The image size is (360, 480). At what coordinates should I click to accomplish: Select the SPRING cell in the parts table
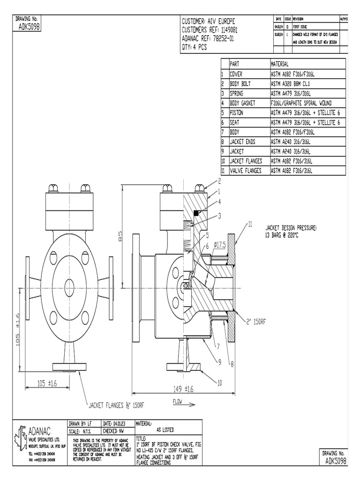(x=237, y=93)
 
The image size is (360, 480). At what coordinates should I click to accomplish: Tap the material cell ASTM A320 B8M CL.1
(x=291, y=83)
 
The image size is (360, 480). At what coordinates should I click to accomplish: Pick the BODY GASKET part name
(x=245, y=103)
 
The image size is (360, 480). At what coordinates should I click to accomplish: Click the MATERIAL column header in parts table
(x=280, y=64)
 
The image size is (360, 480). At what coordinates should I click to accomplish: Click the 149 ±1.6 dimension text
(x=183, y=389)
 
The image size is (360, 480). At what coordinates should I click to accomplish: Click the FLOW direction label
(x=177, y=402)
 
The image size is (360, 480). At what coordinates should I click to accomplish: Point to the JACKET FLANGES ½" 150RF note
(x=117, y=404)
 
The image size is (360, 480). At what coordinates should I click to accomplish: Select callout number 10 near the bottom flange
(x=218, y=383)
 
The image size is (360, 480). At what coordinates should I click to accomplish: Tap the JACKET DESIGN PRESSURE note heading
(x=291, y=226)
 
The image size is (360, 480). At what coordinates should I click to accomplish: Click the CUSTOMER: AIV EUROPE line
(x=208, y=22)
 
